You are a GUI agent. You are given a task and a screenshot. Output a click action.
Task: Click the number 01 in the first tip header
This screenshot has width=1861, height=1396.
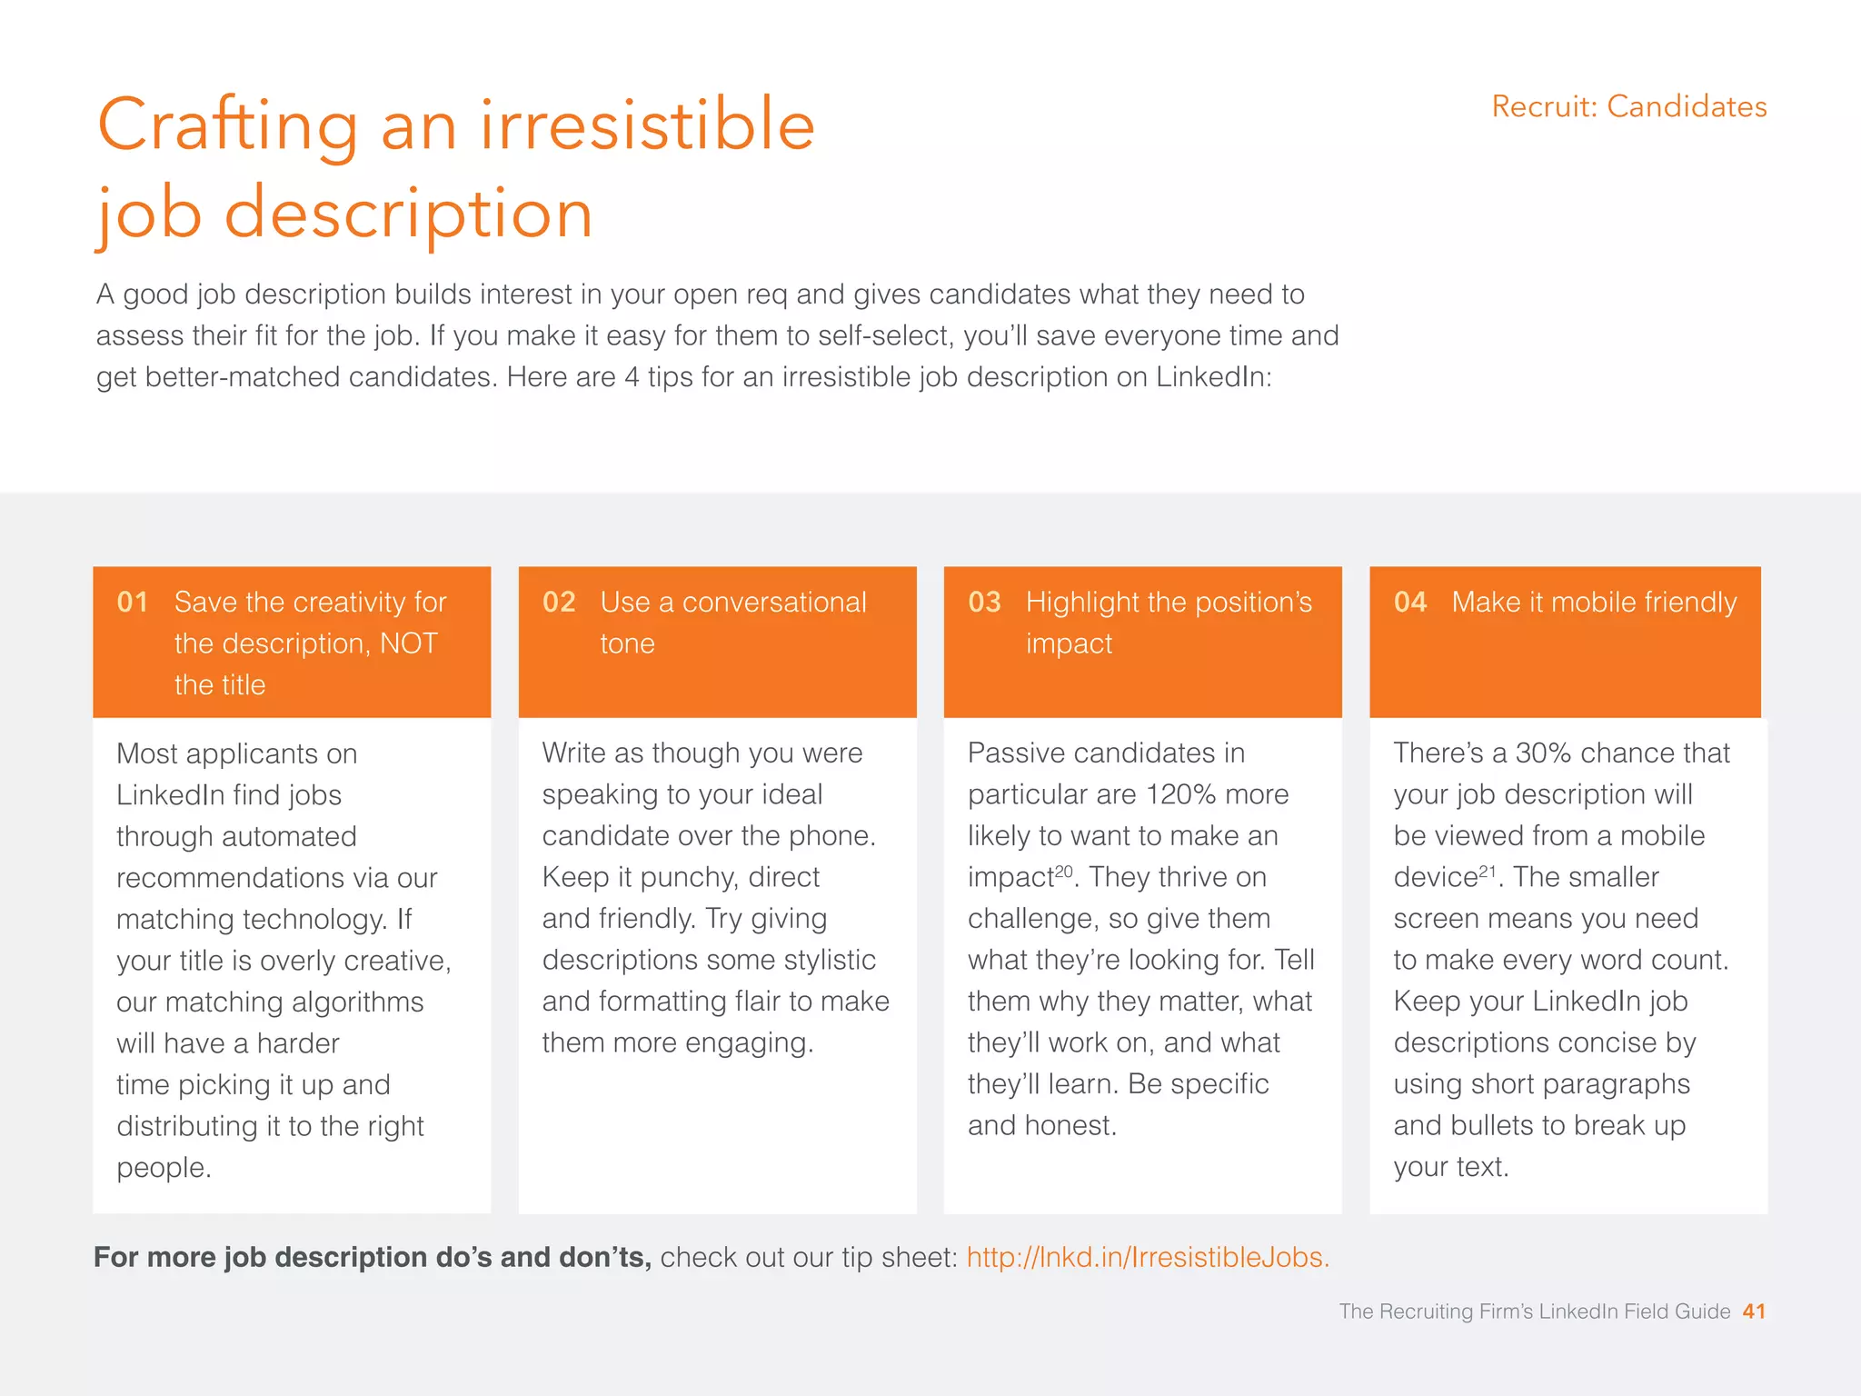pos(133,603)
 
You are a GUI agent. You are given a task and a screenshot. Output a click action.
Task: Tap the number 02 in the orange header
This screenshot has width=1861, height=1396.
pos(559,603)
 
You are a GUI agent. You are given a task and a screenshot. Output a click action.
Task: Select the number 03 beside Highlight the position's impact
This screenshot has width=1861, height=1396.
pos(984,603)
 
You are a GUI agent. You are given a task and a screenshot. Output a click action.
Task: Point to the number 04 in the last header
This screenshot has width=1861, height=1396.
pos(1410,603)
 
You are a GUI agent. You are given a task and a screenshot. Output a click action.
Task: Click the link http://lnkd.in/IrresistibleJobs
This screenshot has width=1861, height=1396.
pos(1147,1257)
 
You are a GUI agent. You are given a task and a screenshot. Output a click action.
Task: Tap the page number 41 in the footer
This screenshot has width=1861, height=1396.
pos(1754,1311)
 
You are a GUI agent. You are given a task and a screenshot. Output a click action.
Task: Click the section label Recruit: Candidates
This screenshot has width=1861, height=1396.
pos(1629,107)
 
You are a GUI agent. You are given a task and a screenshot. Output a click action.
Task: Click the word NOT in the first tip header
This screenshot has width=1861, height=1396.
pos(408,643)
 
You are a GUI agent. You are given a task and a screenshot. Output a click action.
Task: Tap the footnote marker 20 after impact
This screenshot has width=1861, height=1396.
pos(1063,871)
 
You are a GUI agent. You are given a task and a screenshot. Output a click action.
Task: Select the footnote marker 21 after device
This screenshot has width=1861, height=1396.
pos(1488,871)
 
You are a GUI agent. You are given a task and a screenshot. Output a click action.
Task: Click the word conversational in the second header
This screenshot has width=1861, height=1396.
pos(774,603)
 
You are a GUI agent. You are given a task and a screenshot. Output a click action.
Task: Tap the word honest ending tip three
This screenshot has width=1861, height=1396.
pos(1070,1126)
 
